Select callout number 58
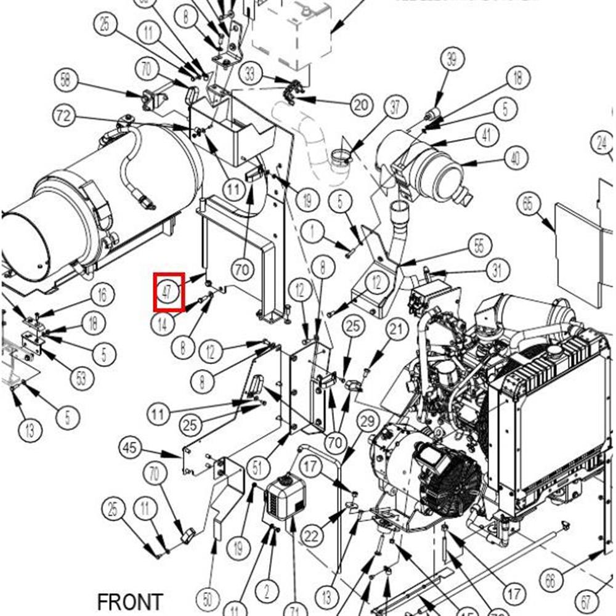click(67, 79)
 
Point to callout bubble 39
click(452, 60)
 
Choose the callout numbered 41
click(487, 136)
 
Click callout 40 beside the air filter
click(515, 158)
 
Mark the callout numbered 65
click(528, 204)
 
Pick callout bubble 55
click(480, 245)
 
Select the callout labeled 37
click(395, 107)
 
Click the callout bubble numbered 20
click(361, 104)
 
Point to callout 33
click(250, 75)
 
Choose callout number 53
click(82, 378)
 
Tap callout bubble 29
click(368, 422)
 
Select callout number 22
click(312, 535)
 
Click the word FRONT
click(130, 602)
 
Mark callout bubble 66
click(550, 579)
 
